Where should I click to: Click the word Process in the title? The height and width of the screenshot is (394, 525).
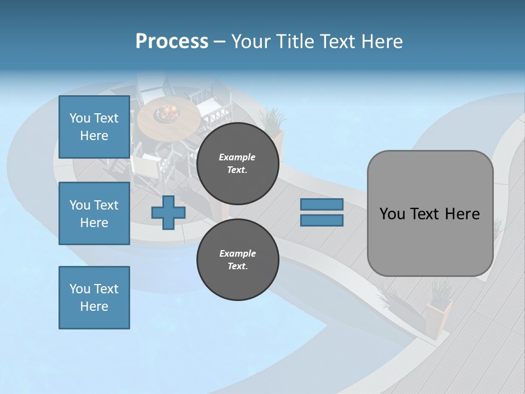pyautogui.click(x=172, y=42)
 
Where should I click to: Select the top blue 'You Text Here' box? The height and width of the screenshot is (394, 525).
pyautogui.click(x=94, y=127)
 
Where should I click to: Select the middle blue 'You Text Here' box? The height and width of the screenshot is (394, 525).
pyautogui.click(x=94, y=213)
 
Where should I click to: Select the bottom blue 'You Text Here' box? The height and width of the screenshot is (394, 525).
pyautogui.click(x=94, y=298)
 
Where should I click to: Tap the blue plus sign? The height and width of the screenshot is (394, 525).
pyautogui.click(x=168, y=213)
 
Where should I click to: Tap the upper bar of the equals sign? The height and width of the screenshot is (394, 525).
pyautogui.click(x=322, y=204)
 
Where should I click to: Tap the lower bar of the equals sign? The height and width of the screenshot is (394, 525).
pyautogui.click(x=322, y=221)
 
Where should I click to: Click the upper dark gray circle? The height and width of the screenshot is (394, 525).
pyautogui.click(x=238, y=164)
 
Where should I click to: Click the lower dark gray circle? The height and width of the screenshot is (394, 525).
pyautogui.click(x=238, y=260)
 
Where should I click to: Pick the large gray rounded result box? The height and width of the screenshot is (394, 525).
pyautogui.click(x=430, y=213)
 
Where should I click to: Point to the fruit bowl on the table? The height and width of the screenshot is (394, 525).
pyautogui.click(x=167, y=113)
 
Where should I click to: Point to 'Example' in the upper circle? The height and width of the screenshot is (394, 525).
pyautogui.click(x=237, y=157)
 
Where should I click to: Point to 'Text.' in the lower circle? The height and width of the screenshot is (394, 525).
pyautogui.click(x=237, y=266)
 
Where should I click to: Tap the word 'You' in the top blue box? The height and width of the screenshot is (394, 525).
pyautogui.click(x=80, y=118)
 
